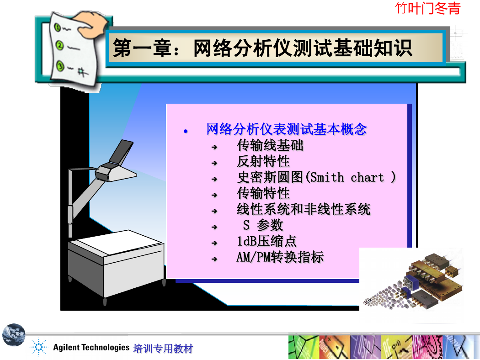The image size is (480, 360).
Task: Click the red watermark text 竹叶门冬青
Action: pos(427,8)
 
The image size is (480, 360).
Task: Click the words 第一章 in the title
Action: pos(142,48)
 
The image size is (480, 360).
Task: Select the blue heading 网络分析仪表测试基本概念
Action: pos(286,129)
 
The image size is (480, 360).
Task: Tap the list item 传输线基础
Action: pos(270,145)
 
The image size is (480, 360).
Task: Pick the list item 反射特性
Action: pos(263,161)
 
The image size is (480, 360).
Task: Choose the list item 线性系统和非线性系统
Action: pos(304,209)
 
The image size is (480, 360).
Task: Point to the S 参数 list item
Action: pos(263,225)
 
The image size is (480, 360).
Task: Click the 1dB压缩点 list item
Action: pos(267,241)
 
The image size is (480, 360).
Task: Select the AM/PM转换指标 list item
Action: pos(280,257)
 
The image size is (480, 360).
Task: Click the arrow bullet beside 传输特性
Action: pos(214,195)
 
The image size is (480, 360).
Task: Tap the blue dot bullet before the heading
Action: pos(186,132)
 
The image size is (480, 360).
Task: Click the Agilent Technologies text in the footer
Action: pos(91,348)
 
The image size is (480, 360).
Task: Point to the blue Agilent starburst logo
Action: pos(39,347)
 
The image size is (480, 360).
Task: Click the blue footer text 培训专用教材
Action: pos(163,349)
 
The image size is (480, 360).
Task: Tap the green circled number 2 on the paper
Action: pos(59,46)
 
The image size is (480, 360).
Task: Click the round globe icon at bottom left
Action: pos(14,334)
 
